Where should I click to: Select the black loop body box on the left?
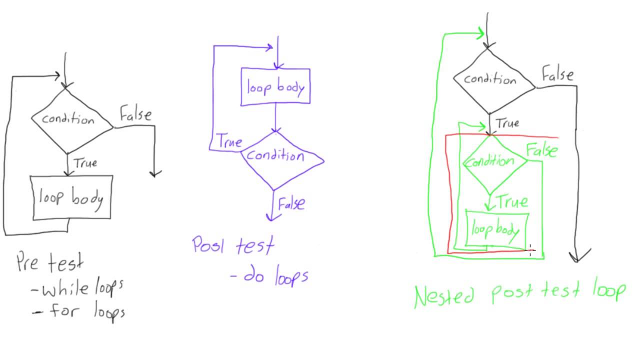(71, 198)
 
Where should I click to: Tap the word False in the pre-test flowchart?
(135, 115)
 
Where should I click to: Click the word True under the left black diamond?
(85, 163)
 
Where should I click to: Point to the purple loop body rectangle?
(275, 87)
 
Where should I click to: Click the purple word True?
(229, 142)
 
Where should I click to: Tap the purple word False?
(291, 204)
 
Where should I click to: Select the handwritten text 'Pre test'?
(49, 262)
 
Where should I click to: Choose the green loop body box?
(497, 230)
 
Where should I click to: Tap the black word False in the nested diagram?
(558, 75)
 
